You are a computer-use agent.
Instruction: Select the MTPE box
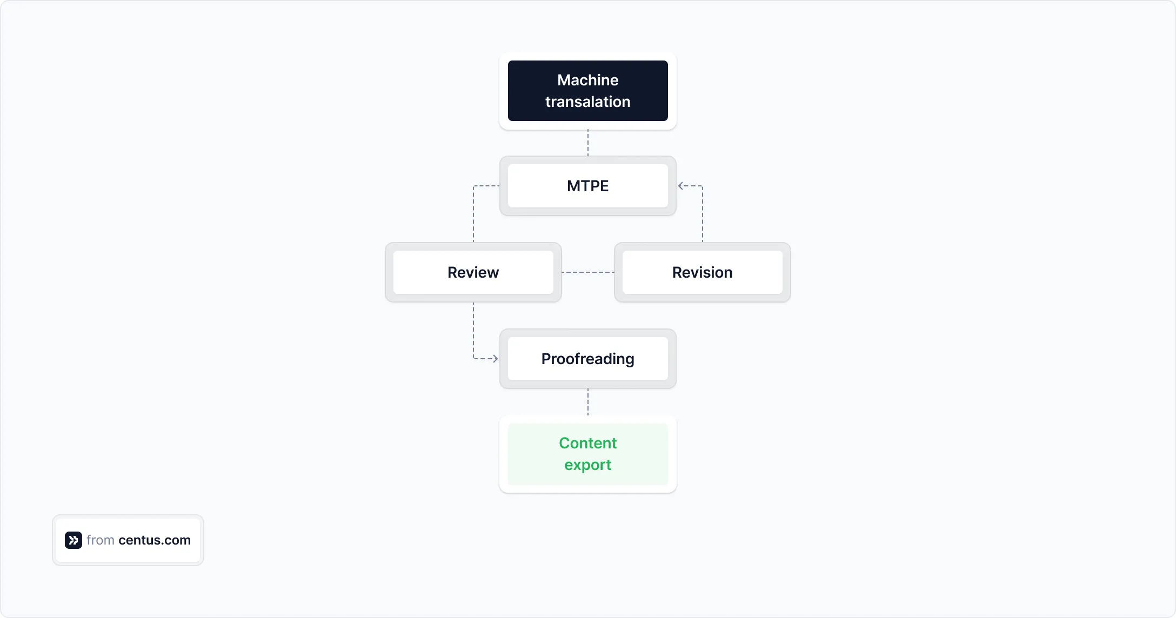point(587,186)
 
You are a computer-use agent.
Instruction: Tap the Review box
point(473,272)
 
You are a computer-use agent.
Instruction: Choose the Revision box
point(702,272)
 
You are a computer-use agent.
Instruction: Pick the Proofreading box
point(587,359)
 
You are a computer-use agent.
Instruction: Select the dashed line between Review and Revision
point(587,272)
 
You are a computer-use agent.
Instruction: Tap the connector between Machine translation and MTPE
point(588,143)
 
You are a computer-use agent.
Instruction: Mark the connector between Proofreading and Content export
point(588,402)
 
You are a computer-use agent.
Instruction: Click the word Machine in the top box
point(587,80)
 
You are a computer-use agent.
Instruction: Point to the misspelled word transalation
point(587,102)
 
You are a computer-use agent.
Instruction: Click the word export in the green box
point(587,465)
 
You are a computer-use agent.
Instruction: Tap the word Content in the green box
point(587,443)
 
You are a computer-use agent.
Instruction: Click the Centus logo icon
point(73,540)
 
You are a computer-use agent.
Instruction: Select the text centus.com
point(155,540)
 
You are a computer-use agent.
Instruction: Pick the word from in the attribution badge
point(101,540)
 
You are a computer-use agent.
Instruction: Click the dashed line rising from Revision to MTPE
point(703,216)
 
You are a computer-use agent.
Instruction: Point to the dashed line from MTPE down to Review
point(473,216)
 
